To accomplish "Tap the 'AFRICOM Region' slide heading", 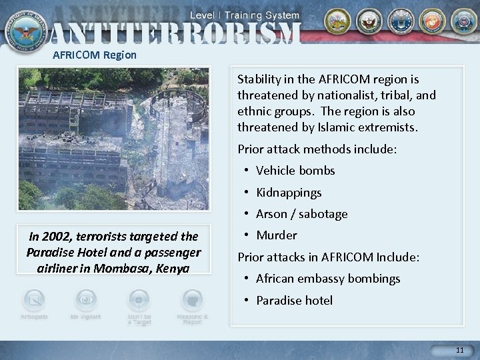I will coord(95,55).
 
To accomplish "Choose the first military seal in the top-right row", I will coord(337,22).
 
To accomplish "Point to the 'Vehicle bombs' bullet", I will coord(295,171).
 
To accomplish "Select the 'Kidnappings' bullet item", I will coord(289,193).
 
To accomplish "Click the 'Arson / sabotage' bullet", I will coord(301,214).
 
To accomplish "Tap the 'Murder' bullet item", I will coord(277,235).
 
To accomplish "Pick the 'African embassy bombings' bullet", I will coord(328,279).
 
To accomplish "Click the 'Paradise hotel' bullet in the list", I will coord(294,301).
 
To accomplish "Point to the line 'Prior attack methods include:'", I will coord(317,149).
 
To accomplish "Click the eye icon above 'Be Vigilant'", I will coord(86,299).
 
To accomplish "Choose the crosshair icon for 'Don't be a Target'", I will coord(139,299).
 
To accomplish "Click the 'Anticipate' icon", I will coord(33,299).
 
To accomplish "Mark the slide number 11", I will coord(459,350).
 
